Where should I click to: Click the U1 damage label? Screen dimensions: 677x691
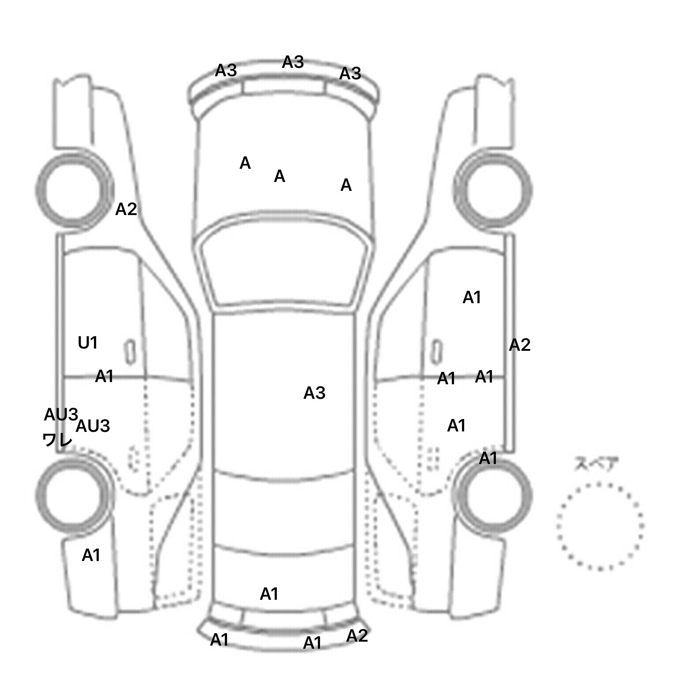[88, 342]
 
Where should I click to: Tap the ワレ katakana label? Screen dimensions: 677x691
[58, 439]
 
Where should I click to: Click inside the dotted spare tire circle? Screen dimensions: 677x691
[600, 526]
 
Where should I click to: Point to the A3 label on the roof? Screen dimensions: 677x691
[314, 393]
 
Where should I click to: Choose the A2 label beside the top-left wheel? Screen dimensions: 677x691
[126, 209]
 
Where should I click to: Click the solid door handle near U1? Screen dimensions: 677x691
[130, 352]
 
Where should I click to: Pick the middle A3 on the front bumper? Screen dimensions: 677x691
[293, 62]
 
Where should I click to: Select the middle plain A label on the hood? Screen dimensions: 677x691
[279, 176]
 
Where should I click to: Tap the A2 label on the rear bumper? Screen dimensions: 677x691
[357, 635]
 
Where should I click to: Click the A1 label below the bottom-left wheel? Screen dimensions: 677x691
[91, 555]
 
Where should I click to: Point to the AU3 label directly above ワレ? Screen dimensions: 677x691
[61, 415]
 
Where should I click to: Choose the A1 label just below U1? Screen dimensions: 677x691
[104, 376]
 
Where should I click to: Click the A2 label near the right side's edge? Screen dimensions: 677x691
[520, 345]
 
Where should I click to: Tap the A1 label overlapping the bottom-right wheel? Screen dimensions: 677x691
[488, 458]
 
